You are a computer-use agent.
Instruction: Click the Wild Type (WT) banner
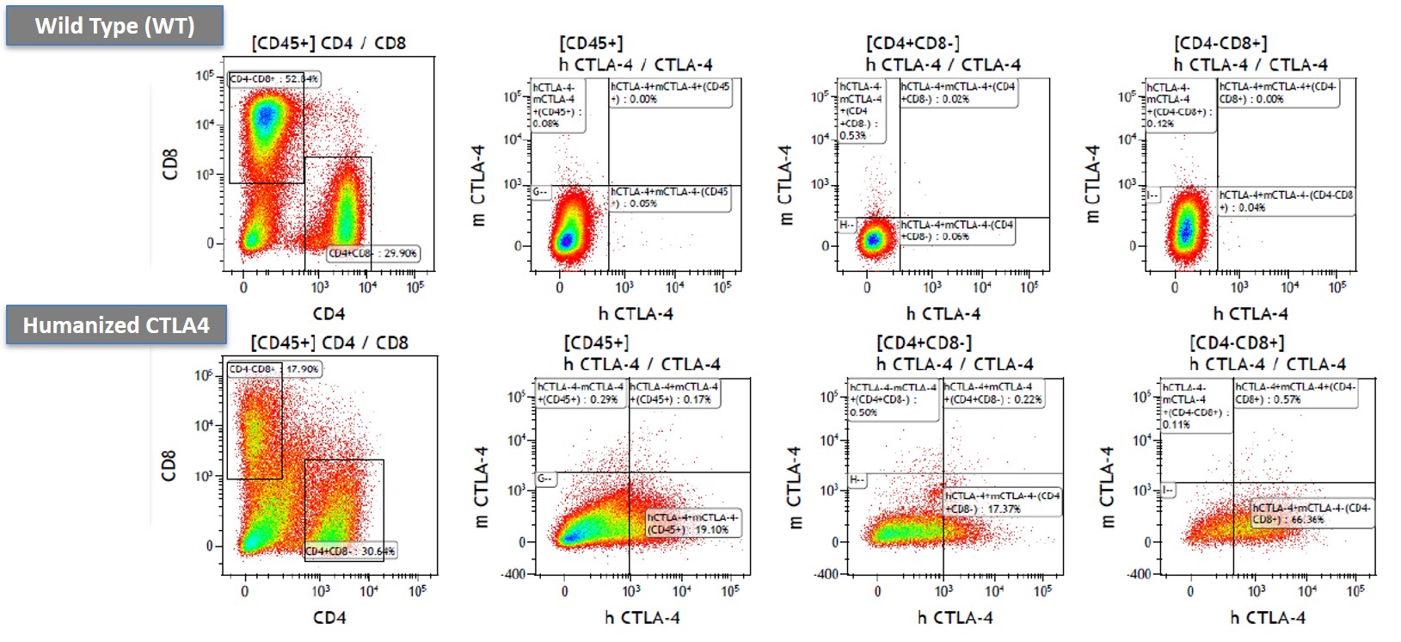[x=114, y=26]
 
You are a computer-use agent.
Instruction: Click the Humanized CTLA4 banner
[x=116, y=325]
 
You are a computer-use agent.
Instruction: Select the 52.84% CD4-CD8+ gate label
[x=274, y=79]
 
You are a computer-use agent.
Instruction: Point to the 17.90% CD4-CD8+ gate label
[x=273, y=369]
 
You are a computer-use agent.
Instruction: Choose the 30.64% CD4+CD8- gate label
[x=350, y=551]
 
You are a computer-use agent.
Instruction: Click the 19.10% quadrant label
[x=693, y=523]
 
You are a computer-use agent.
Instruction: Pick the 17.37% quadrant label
[x=1002, y=503]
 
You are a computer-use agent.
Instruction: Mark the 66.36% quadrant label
[x=1311, y=514]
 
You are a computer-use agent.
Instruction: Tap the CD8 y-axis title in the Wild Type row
[x=170, y=164]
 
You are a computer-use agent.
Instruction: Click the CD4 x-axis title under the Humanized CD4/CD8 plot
[x=329, y=617]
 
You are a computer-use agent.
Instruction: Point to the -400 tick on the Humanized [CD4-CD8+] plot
[x=1140, y=573]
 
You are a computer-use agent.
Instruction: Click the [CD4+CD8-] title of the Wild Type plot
[x=912, y=43]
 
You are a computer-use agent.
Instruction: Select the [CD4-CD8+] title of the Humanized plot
[x=1237, y=343]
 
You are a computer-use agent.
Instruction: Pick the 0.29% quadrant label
[x=581, y=393]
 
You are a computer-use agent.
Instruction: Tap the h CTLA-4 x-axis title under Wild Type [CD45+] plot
[x=636, y=314]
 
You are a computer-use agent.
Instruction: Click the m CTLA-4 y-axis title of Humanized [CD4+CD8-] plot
[x=794, y=488]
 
